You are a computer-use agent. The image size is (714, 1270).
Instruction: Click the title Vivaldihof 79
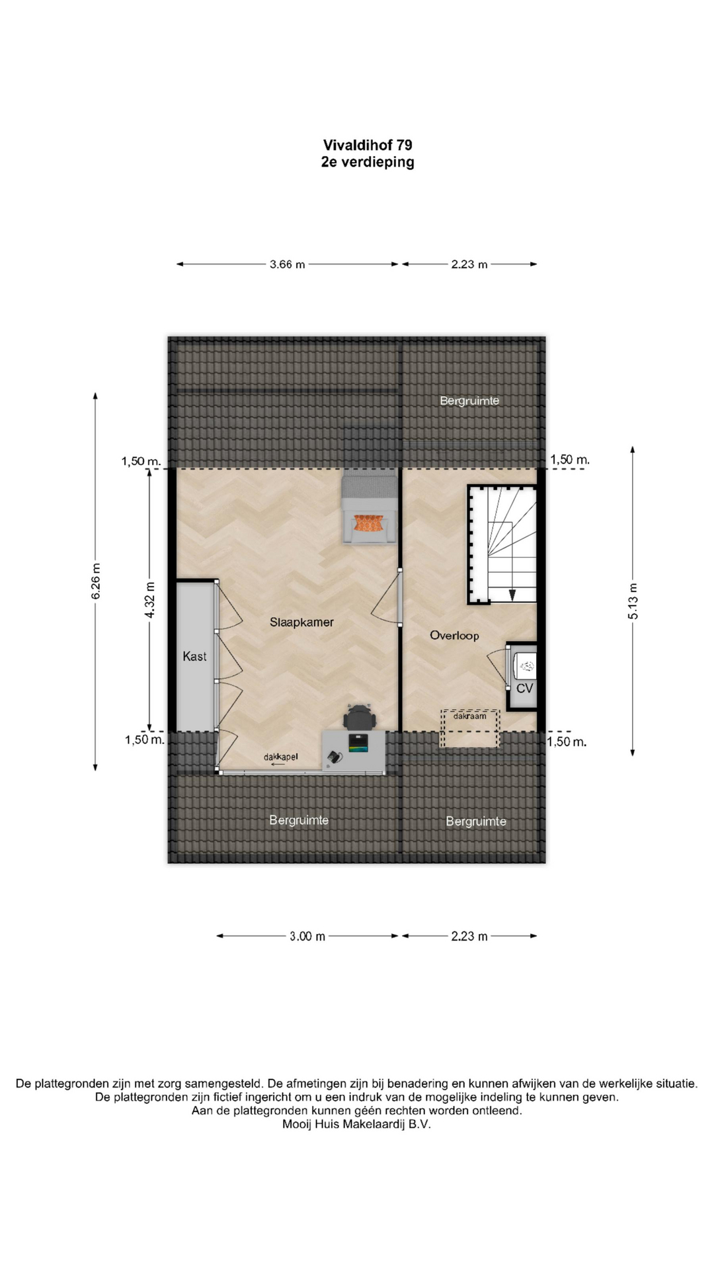click(368, 145)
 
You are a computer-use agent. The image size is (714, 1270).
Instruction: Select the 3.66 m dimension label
click(288, 265)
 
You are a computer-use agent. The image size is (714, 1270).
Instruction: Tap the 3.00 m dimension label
click(307, 937)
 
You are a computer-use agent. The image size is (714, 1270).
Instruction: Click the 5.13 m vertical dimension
click(633, 601)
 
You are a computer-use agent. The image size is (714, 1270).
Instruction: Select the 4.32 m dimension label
click(150, 600)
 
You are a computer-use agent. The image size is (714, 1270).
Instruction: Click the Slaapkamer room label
click(301, 622)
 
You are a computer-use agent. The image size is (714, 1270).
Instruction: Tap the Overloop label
click(454, 636)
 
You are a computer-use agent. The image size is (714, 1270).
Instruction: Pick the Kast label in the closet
click(194, 656)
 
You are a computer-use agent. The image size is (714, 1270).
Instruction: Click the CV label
click(524, 689)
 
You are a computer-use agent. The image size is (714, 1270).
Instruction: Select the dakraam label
click(470, 716)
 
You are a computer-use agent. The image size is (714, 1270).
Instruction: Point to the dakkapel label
click(281, 757)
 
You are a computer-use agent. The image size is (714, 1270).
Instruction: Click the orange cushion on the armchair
click(369, 523)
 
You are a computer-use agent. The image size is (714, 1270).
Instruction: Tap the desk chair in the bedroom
click(360, 718)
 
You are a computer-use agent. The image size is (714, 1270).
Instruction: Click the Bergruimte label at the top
click(469, 401)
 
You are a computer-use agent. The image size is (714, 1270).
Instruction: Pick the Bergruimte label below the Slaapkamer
click(299, 820)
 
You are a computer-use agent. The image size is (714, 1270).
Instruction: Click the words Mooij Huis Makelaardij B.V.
click(356, 1124)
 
